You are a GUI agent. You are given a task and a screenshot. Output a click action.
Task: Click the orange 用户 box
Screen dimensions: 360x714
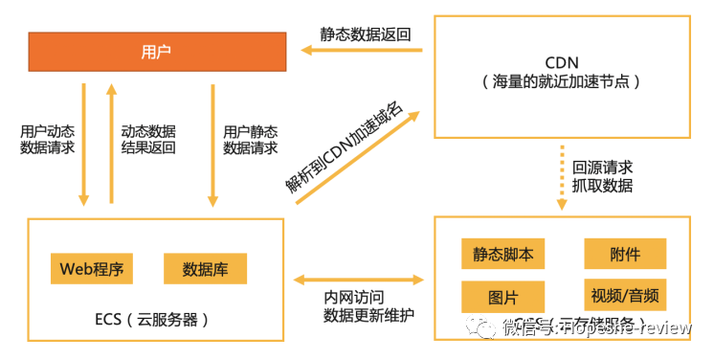tap(156, 51)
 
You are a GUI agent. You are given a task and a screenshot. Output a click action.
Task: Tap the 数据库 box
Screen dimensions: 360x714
tap(205, 268)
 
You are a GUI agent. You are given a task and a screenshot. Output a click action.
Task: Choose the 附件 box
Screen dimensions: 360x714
tap(625, 254)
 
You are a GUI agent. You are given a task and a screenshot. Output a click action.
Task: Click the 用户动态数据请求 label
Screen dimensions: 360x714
tap(47, 140)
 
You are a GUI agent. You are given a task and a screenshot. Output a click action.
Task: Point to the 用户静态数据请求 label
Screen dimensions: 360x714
tap(251, 140)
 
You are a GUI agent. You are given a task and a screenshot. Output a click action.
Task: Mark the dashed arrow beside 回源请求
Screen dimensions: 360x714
tap(561, 177)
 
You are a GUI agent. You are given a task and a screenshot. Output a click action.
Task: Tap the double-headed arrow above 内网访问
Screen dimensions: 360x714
tap(359, 281)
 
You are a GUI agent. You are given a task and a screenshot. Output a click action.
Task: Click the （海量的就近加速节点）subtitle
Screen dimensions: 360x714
tap(563, 83)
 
